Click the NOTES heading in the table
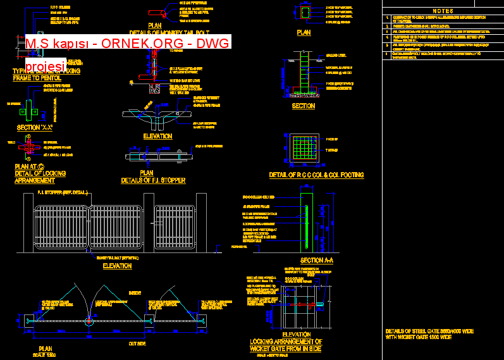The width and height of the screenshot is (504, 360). click(x=442, y=11)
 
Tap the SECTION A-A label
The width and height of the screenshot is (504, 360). click(x=316, y=261)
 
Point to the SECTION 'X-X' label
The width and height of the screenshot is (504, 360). click(x=35, y=127)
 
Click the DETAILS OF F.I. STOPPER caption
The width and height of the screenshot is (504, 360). click(x=153, y=180)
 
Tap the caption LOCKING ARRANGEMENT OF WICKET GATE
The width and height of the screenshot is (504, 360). click(x=286, y=345)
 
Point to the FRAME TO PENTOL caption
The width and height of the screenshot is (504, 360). click(x=38, y=78)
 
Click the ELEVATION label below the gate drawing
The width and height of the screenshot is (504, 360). click(x=117, y=266)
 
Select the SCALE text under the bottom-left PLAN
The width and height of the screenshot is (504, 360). click(x=45, y=355)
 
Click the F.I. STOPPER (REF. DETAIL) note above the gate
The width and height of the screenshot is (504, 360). click(x=63, y=192)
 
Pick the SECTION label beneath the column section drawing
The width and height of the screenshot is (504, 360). click(x=303, y=106)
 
